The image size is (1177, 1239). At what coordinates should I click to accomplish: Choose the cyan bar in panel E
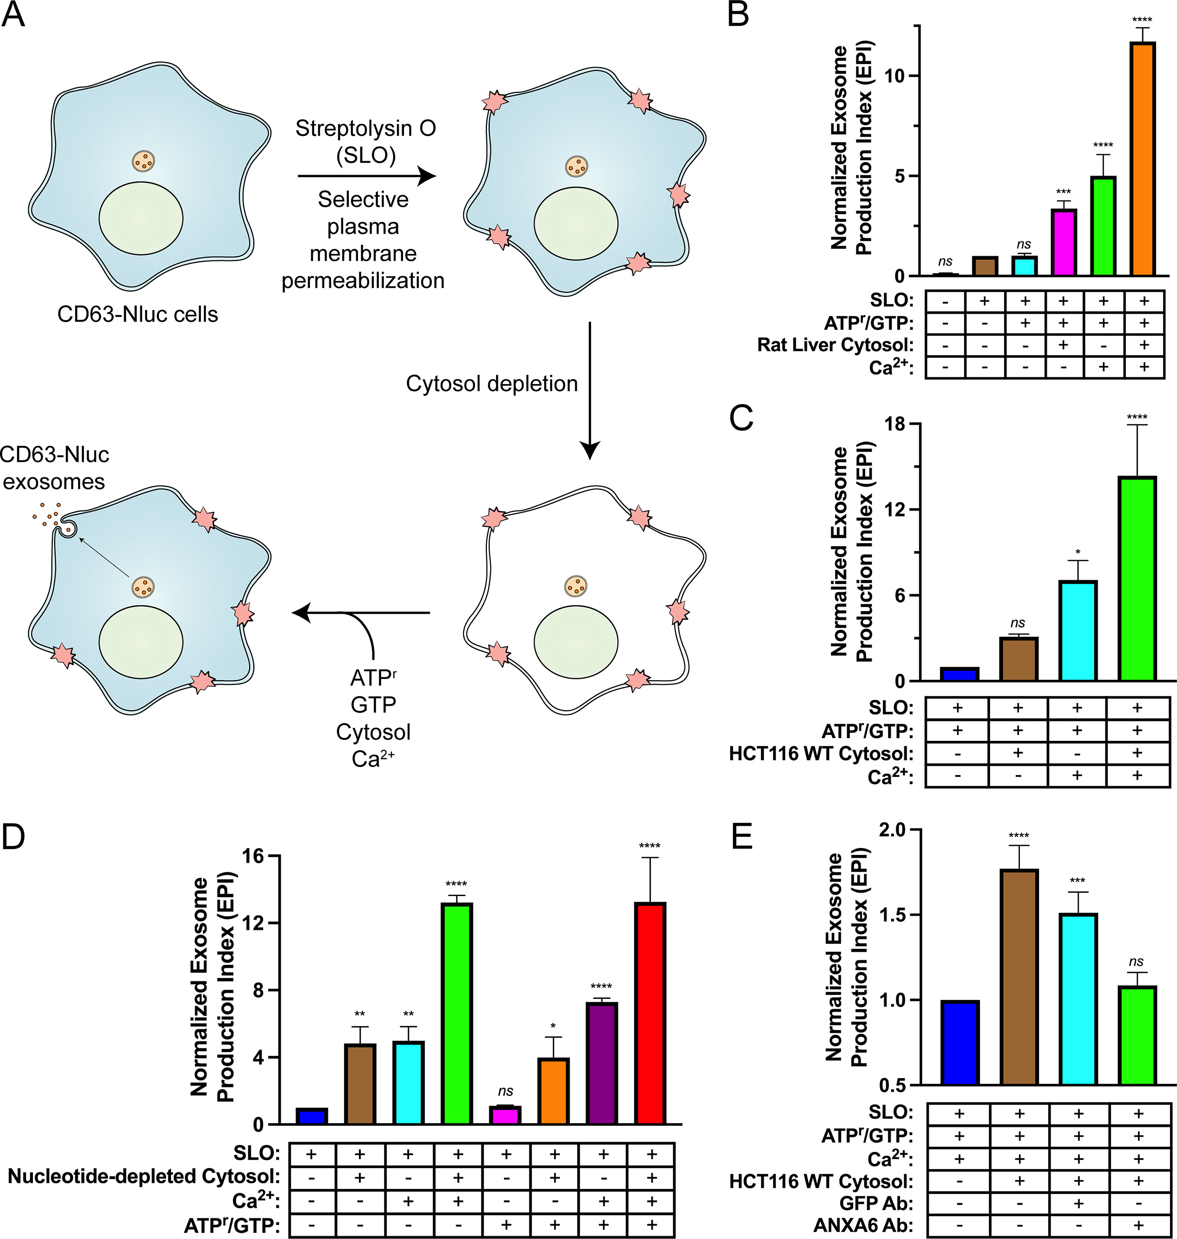pos(1078,999)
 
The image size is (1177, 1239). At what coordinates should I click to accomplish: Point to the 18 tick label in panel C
pos(895,424)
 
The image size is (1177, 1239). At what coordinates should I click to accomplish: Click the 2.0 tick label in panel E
pos(892,830)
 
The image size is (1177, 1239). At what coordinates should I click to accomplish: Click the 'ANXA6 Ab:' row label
pos(863,1225)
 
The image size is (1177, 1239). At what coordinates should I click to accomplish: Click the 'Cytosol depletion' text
pos(491,384)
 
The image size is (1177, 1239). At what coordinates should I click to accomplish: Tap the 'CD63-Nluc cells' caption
pos(138,314)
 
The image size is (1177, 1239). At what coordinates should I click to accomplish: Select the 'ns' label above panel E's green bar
pos(1136,961)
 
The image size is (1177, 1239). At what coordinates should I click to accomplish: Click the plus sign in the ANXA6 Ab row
pos(1138,1225)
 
